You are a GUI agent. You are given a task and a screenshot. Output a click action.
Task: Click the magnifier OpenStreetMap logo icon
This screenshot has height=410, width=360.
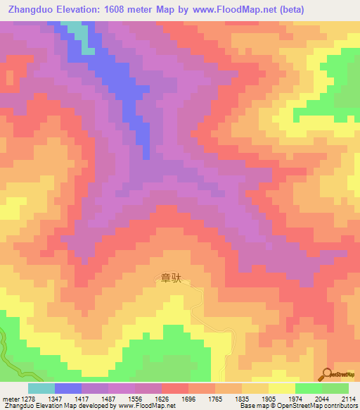pyautogui.click(x=326, y=373)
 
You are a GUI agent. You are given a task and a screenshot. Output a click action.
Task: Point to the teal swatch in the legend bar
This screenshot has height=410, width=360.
pyautogui.click(x=41, y=388)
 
